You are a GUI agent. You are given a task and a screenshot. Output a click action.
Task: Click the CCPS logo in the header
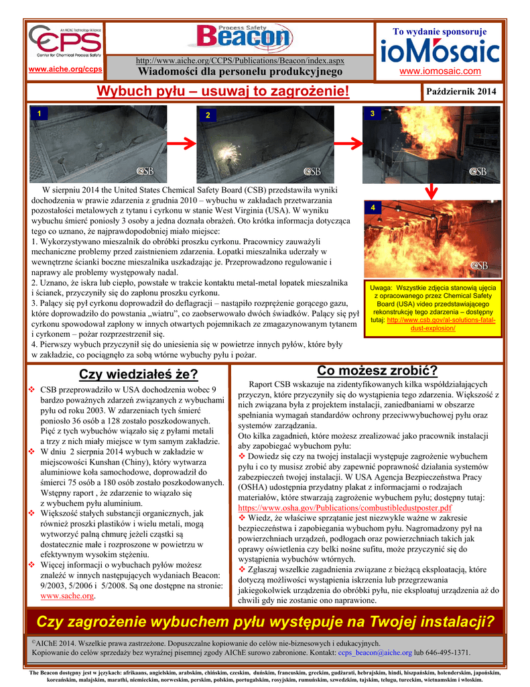point(65,42)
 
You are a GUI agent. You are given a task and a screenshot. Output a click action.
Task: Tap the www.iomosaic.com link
point(440,71)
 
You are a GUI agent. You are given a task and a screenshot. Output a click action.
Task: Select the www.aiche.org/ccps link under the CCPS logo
point(65,69)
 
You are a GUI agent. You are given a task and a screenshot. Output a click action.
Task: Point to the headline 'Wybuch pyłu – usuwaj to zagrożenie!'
point(223,91)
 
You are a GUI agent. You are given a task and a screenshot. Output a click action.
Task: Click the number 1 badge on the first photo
point(40,114)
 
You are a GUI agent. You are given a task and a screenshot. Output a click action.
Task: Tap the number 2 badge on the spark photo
point(208,115)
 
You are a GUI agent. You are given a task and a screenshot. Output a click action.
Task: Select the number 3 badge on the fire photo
point(372,115)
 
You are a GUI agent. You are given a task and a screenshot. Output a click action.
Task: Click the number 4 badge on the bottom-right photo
point(373,209)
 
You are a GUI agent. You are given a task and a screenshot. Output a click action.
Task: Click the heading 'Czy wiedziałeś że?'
point(138,374)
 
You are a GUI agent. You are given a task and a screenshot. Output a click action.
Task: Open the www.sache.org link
point(67,595)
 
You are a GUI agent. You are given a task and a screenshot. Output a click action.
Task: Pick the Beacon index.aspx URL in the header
point(240,60)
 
